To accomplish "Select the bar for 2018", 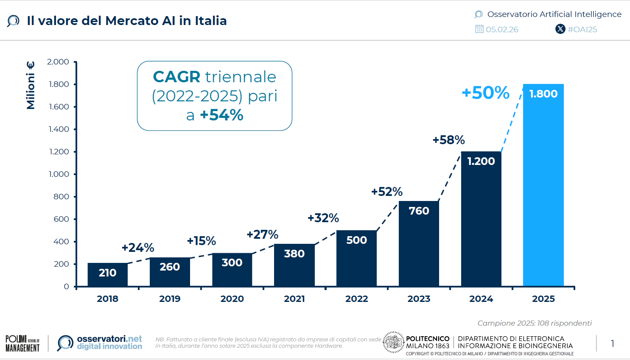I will (107, 274).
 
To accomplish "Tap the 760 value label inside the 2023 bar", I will (419, 211).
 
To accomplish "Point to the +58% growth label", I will (448, 140).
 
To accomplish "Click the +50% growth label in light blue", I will (485, 93).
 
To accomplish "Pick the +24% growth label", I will (138, 248).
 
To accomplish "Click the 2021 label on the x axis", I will (294, 299).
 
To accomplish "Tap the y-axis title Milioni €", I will (31, 85).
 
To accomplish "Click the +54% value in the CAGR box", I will (221, 115).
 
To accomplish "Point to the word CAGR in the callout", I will (176, 77).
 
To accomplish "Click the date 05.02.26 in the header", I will (502, 29).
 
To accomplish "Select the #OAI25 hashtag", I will (582, 29).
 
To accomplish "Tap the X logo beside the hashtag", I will (560, 29).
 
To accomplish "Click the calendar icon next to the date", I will (479, 29).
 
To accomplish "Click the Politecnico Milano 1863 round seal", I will (393, 342).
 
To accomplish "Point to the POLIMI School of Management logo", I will (22, 343).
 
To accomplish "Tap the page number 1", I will (612, 343).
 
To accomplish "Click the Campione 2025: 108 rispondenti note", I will (534, 323).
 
